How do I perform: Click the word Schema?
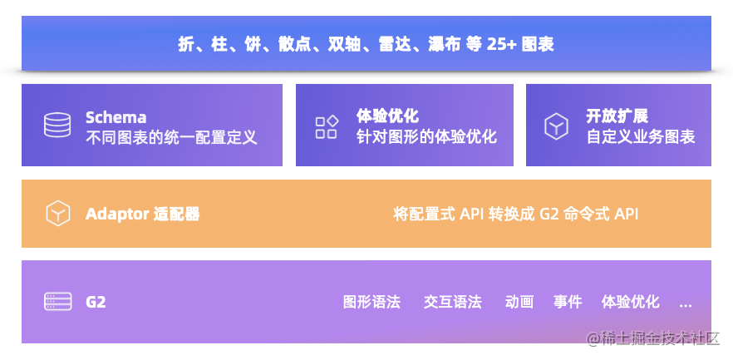[116, 117]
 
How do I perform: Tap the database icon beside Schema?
[57, 125]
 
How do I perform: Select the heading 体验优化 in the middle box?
[387, 116]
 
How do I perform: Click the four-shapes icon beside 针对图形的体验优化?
[327, 126]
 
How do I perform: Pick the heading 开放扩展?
[617, 116]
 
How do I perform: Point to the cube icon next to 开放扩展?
[556, 126]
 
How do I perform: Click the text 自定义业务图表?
[641, 137]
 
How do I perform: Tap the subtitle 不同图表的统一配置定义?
[171, 137]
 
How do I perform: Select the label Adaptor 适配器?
[143, 215]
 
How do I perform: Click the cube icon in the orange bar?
[58, 214]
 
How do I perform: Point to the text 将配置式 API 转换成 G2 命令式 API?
[515, 215]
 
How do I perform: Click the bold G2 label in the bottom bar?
[96, 302]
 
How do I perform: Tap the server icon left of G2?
[58, 302]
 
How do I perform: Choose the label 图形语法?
[371, 302]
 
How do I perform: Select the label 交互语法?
[452, 302]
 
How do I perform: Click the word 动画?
[519, 302]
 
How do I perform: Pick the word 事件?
[568, 302]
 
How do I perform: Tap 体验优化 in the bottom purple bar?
[630, 302]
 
